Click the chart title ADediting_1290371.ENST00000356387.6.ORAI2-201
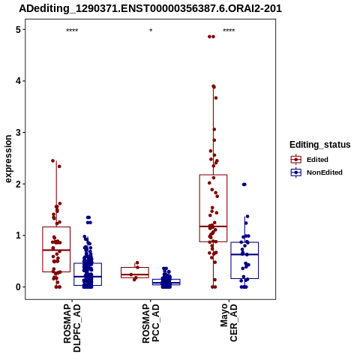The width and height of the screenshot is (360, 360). pyautogui.click(x=151, y=8)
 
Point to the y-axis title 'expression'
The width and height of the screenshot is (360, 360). pyautogui.click(x=8, y=159)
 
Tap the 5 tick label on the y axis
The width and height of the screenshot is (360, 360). pyautogui.click(x=18, y=30)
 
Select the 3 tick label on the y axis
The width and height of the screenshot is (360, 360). pyautogui.click(x=18, y=133)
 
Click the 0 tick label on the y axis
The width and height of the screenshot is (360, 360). pyautogui.click(x=18, y=287)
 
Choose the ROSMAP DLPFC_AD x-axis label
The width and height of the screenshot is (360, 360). pyautogui.click(x=72, y=328)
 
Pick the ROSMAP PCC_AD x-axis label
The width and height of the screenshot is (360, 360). pyautogui.click(x=151, y=323)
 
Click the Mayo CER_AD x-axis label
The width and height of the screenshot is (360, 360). pyautogui.click(x=229, y=322)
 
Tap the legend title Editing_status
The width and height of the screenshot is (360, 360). pyautogui.click(x=320, y=145)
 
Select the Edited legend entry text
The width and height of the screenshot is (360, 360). pyautogui.click(x=317, y=160)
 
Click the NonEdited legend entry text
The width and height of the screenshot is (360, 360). pyautogui.click(x=325, y=172)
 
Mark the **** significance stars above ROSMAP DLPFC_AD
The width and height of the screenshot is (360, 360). pyautogui.click(x=72, y=31)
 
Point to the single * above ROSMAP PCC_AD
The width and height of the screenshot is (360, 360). pyautogui.click(x=151, y=31)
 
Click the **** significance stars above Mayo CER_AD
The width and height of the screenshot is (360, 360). pyautogui.click(x=229, y=31)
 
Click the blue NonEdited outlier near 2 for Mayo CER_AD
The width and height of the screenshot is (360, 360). pyautogui.click(x=244, y=184)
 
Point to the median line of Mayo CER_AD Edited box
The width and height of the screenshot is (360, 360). pyautogui.click(x=213, y=226)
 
